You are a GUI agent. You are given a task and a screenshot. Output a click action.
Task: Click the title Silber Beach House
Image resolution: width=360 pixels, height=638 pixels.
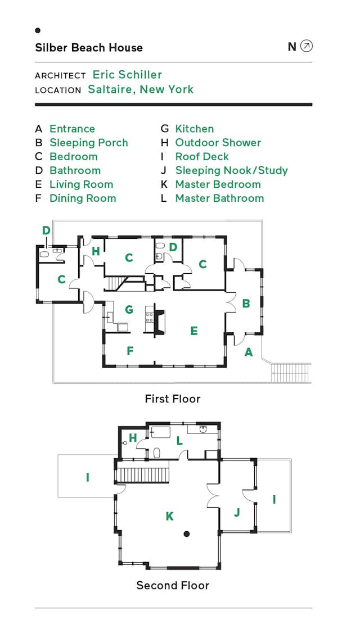pos(89,48)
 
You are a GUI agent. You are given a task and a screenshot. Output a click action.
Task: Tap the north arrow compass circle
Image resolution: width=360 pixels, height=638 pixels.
pos(306,46)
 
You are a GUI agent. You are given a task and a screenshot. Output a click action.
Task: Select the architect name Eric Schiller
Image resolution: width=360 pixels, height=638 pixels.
pos(127,75)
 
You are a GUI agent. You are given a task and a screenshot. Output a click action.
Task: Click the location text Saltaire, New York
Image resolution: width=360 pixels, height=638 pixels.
pos(141,89)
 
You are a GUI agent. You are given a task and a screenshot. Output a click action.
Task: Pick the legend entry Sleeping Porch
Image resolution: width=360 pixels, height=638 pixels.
pos(89,143)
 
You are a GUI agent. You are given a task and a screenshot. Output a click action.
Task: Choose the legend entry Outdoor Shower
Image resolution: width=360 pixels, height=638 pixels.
pos(218,143)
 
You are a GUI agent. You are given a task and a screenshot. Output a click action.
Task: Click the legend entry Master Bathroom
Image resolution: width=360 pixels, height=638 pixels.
pos(219,198)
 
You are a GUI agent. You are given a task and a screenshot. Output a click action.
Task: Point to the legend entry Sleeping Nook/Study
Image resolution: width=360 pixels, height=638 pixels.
pos(231,170)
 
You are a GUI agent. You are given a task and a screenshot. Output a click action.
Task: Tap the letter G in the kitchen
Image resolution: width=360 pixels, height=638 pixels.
pos(128,310)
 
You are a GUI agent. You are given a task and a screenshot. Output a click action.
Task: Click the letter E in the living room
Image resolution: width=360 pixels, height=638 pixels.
pos(193,331)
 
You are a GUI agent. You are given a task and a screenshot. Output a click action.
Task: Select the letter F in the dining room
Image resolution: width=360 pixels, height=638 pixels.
pos(130,351)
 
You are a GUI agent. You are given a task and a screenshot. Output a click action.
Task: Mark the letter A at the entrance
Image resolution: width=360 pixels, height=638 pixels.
pos(248,352)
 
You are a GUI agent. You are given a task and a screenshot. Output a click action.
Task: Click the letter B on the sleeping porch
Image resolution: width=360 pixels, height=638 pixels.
pos(246,304)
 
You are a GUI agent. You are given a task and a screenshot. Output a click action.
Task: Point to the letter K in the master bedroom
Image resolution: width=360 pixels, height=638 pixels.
pos(169,516)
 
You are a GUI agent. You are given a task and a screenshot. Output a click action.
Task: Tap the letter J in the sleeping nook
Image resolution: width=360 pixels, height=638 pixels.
pos(236,512)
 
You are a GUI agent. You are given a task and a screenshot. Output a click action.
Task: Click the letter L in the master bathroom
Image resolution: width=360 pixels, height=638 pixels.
pos(179,441)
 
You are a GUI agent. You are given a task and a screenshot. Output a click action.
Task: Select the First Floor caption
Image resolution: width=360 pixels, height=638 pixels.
pos(172,399)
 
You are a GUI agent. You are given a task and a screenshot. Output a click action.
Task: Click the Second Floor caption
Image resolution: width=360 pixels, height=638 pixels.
pos(172,586)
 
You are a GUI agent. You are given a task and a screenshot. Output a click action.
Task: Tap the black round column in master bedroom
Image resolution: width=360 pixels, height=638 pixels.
pos(187,533)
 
